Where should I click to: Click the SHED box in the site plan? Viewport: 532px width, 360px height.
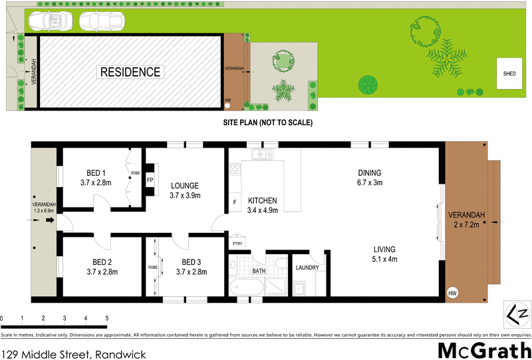(x=509, y=73)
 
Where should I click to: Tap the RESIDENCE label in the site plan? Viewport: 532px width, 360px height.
(x=130, y=72)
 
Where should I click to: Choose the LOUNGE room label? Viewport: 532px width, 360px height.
(x=185, y=190)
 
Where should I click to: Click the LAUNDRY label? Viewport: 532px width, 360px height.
(x=307, y=268)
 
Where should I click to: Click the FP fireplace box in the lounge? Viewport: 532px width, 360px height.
(x=150, y=180)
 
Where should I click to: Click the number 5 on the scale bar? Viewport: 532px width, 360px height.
(x=106, y=319)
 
